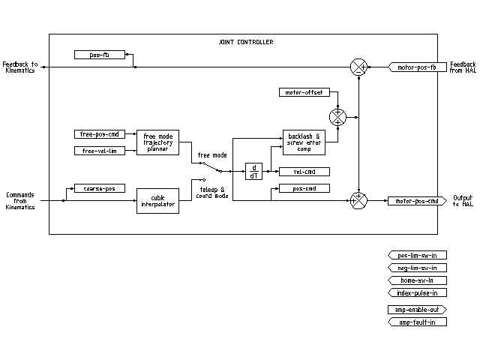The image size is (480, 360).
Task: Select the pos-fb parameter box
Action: (x=99, y=55)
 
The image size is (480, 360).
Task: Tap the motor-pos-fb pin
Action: (x=416, y=67)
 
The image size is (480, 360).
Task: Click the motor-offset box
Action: (x=304, y=92)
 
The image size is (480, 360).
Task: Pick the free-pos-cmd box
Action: (x=99, y=134)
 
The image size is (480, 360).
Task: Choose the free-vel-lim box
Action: (x=99, y=151)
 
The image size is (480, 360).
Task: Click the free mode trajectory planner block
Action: (x=157, y=142)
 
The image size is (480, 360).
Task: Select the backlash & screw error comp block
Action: (x=304, y=142)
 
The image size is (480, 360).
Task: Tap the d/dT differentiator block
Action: (x=253, y=172)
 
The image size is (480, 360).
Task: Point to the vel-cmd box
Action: (x=304, y=172)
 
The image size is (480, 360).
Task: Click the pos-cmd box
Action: (x=304, y=188)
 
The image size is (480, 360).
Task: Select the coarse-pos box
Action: (x=99, y=188)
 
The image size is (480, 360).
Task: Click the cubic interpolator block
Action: (x=157, y=201)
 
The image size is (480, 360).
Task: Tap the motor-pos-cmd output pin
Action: (x=416, y=201)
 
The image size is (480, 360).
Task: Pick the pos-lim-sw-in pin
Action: (x=417, y=255)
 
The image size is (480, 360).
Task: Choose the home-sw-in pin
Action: (x=417, y=280)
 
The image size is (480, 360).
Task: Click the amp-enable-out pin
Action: (x=417, y=310)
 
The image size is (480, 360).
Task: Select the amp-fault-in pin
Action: (x=417, y=322)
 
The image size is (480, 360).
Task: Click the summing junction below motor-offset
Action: (x=337, y=117)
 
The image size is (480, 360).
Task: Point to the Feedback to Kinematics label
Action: (x=20, y=67)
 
